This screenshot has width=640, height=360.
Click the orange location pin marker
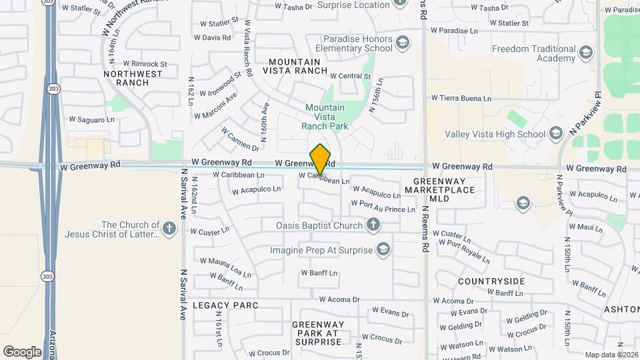[321, 159]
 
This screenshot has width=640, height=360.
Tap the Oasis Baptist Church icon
[373, 225]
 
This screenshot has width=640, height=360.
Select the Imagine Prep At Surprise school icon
[383, 250]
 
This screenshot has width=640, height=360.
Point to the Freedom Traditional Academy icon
[586, 53]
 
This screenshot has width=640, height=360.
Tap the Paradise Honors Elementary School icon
[402, 44]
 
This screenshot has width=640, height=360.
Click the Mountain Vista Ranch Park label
[325, 117]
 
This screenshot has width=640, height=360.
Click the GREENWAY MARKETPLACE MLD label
[443, 190]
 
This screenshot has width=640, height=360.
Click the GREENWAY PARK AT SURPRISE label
[317, 333]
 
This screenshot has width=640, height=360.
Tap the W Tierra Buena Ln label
[461, 99]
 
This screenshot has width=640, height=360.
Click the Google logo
[22, 351]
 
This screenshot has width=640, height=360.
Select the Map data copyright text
[611, 355]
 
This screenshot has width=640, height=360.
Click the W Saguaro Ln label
[92, 119]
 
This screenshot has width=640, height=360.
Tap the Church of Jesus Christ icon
[169, 230]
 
